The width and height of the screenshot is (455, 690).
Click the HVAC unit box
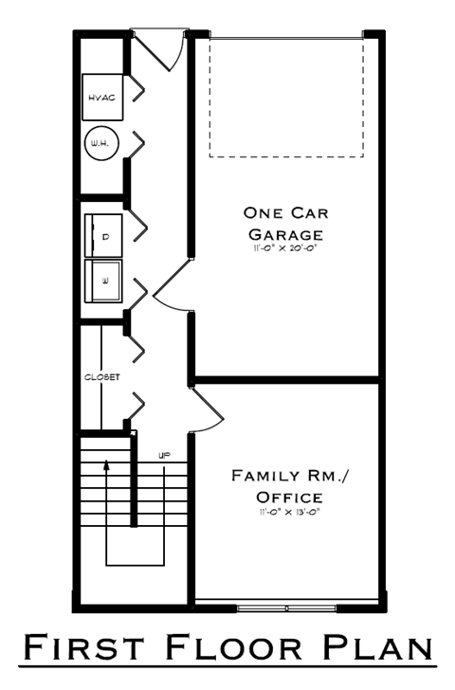pyautogui.click(x=100, y=97)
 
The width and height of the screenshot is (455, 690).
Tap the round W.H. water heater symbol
pyautogui.click(x=100, y=143)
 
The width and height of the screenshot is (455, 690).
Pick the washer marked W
pyautogui.click(x=105, y=281)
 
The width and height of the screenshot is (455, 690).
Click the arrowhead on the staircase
pyautogui.click(x=106, y=465)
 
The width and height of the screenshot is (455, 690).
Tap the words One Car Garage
pyautogui.click(x=285, y=223)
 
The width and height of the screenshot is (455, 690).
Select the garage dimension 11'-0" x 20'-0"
pyautogui.click(x=285, y=248)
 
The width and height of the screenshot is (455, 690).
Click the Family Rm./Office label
pyautogui.click(x=288, y=486)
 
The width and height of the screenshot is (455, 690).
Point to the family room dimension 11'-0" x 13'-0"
pyautogui.click(x=288, y=512)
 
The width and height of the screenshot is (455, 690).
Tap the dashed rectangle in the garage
pyautogui.click(x=285, y=97)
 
